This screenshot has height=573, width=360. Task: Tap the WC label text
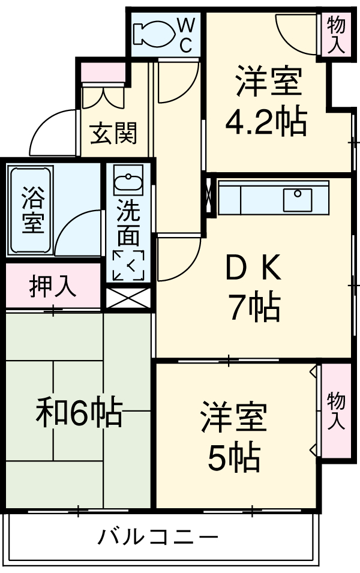pos(186,35)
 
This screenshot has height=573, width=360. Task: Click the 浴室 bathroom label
pos(32,211)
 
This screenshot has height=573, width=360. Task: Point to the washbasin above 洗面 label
pos(128,182)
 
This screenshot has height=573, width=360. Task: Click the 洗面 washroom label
pos(128,221)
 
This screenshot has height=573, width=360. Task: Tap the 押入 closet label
pos(53,287)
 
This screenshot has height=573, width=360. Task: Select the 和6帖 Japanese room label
pos(79,413)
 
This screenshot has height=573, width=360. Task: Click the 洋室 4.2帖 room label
pos(266,102)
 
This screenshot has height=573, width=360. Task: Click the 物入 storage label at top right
pos(337,35)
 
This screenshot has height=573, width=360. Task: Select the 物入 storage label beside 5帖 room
pos(336,411)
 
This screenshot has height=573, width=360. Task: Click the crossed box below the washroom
pos(128,298)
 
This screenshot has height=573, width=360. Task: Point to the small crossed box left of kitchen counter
pos(209,195)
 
